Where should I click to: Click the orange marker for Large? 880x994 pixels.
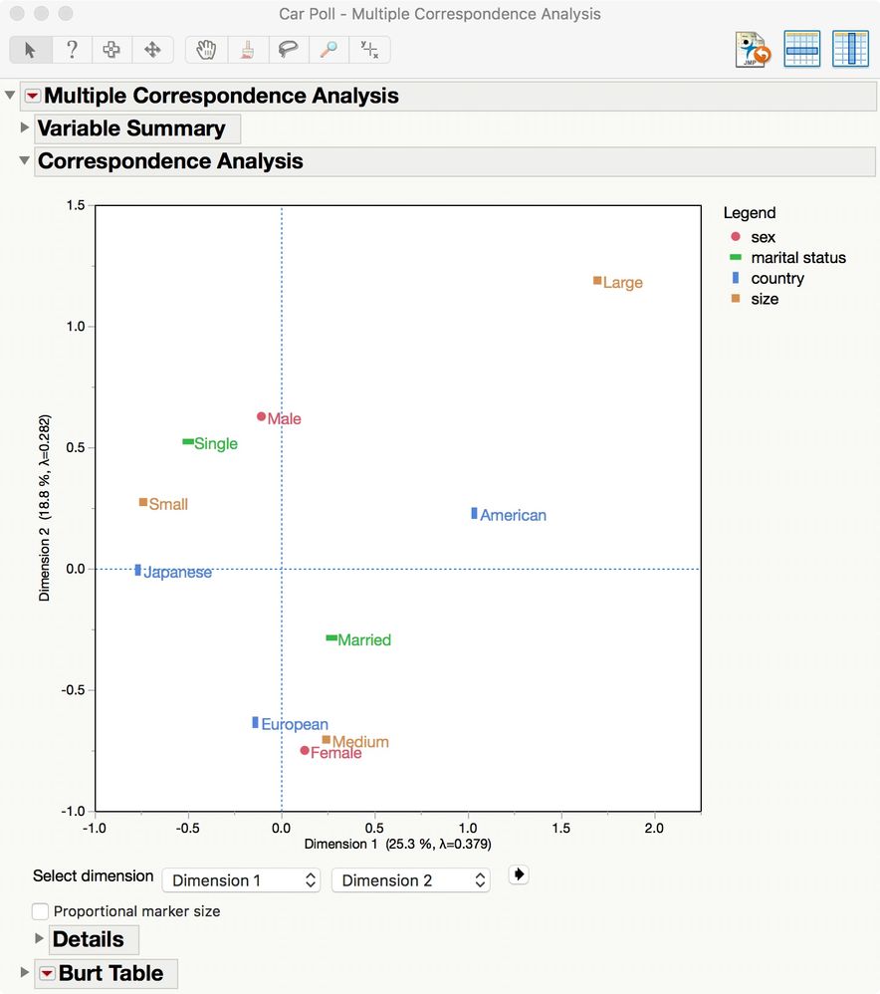click(x=597, y=281)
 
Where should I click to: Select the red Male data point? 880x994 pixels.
click(x=262, y=417)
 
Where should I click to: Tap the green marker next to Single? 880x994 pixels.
click(x=188, y=442)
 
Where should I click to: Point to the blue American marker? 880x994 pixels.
click(x=474, y=514)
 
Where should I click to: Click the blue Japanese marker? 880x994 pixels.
click(x=138, y=571)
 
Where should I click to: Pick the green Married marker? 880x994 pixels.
click(x=331, y=638)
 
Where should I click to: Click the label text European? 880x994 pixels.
click(x=295, y=725)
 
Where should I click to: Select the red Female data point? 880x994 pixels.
click(x=305, y=750)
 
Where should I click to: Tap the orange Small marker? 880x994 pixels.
click(x=143, y=503)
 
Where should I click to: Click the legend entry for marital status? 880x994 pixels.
click(x=797, y=258)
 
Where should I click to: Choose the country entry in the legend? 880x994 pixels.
click(x=776, y=279)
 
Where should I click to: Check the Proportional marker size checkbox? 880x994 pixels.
click(x=41, y=911)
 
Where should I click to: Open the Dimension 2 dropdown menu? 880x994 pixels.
click(x=411, y=880)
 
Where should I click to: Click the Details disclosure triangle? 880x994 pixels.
click(x=40, y=938)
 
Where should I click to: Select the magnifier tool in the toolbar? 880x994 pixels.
click(x=328, y=50)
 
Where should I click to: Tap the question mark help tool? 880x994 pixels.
click(x=72, y=50)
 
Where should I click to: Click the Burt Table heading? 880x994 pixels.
click(x=110, y=973)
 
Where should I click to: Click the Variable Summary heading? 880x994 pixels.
click(x=131, y=128)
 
